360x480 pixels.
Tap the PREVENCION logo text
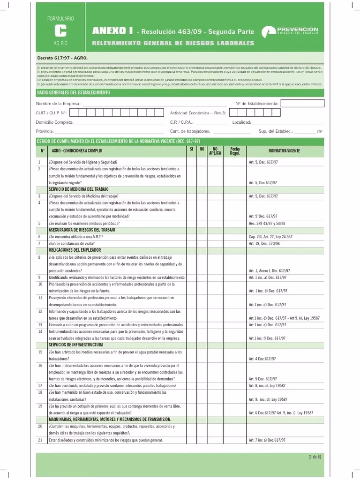[297, 29]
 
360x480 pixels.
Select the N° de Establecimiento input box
[301, 103]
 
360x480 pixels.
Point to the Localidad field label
[242, 122]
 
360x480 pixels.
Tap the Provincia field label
[45, 131]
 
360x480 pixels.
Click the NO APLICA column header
[215, 150]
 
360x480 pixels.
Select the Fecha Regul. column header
[235, 150]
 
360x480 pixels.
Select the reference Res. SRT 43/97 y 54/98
[267, 223]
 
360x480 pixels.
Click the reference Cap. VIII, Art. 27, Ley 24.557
[270, 237]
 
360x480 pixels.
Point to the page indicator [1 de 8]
[315, 457]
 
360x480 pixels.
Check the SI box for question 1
[191, 162]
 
